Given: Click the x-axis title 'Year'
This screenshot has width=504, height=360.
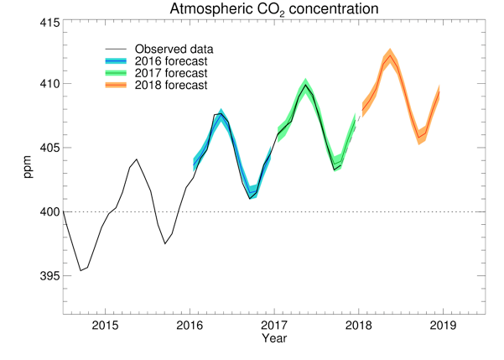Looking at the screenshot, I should (273, 339).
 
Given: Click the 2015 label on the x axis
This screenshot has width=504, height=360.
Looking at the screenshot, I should (106, 326).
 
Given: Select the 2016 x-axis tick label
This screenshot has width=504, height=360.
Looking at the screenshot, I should (190, 326).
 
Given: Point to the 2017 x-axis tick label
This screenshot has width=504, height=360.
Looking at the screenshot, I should (274, 326).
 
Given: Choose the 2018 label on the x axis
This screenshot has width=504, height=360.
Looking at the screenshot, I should (359, 326).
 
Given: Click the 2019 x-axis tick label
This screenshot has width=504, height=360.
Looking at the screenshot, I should (443, 326).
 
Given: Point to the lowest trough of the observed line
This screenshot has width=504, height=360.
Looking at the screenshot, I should (81, 270).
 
